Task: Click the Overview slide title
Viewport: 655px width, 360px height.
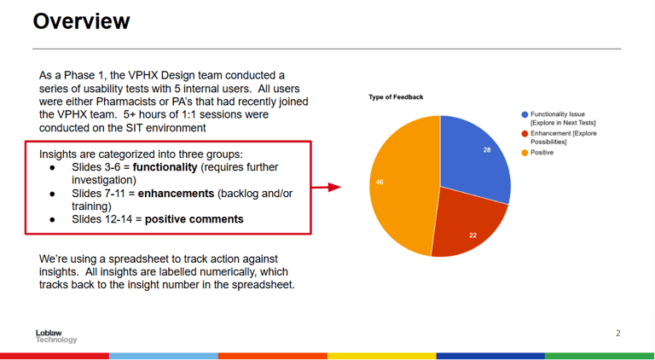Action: pyautogui.click(x=82, y=21)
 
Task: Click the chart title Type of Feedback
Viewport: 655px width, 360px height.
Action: pyautogui.click(x=396, y=97)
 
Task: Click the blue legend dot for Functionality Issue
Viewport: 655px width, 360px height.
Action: pyautogui.click(x=525, y=114)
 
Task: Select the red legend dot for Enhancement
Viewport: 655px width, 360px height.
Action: pyautogui.click(x=525, y=134)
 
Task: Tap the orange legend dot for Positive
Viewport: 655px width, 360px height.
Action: pyautogui.click(x=525, y=153)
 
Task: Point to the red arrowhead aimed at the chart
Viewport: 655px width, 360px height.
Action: pyautogui.click(x=334, y=187)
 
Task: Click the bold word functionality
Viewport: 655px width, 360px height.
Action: pyautogui.click(x=165, y=167)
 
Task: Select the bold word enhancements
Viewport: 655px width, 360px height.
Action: pyautogui.click(x=176, y=194)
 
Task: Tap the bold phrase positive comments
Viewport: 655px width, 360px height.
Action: pyautogui.click(x=194, y=220)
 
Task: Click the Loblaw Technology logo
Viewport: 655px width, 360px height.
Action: pyautogui.click(x=56, y=336)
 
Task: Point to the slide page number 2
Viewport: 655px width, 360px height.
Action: pyautogui.click(x=618, y=334)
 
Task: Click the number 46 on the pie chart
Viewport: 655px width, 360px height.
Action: pyautogui.click(x=380, y=182)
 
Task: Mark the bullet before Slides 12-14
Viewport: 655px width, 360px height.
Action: pyautogui.click(x=52, y=220)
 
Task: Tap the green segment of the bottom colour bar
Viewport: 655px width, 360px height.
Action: pyautogui.click(x=600, y=357)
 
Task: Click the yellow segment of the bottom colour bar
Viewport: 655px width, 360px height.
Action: pyautogui.click(x=382, y=357)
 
